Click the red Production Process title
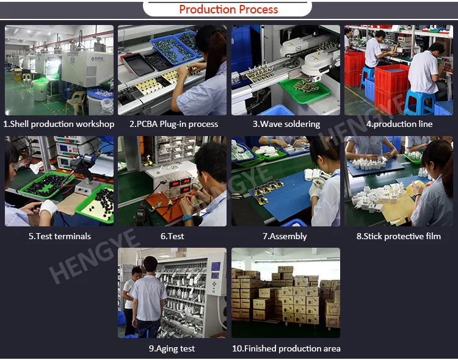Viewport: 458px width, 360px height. [x=228, y=9]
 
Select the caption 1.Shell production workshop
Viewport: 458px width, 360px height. [x=59, y=124]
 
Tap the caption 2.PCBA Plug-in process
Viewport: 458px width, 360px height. [x=174, y=124]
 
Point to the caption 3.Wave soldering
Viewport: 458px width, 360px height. [x=286, y=124]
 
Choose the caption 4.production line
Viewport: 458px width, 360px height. [x=399, y=124]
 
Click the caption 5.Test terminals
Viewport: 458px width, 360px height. [x=60, y=236]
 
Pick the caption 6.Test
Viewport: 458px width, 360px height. [x=172, y=236]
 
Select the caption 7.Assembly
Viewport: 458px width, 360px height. [x=285, y=236]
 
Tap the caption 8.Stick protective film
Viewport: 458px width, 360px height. [x=399, y=236]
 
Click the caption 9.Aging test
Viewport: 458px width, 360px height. [x=172, y=348]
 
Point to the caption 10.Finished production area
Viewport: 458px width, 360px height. [x=286, y=348]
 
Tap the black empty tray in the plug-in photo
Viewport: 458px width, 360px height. [x=139, y=65]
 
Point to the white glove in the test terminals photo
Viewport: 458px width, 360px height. [x=48, y=207]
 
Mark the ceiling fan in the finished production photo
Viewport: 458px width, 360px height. [x=269, y=253]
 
